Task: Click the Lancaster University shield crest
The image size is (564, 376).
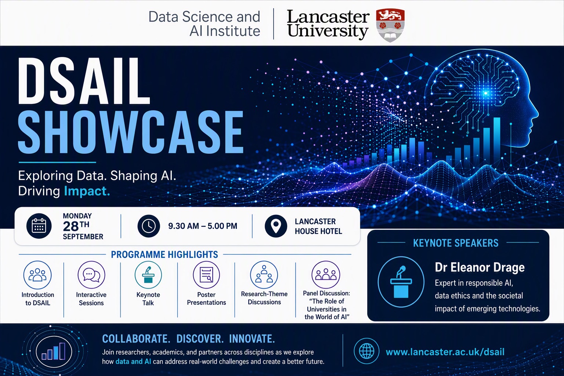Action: (390, 25)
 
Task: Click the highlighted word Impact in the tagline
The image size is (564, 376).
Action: (87, 191)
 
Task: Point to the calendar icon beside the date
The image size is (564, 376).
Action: (39, 226)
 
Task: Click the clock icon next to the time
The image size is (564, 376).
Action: (149, 226)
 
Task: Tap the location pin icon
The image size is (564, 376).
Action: (276, 226)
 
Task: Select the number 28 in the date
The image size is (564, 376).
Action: (71, 227)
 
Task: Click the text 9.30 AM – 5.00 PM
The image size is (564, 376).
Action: (203, 226)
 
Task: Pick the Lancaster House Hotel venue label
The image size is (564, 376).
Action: (318, 226)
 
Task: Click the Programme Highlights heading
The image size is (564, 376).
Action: (164, 254)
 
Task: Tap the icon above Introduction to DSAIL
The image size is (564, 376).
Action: (37, 275)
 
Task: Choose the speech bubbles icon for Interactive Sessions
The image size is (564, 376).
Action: (91, 275)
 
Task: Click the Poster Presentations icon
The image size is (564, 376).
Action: (206, 275)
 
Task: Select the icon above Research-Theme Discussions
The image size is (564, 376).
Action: (264, 275)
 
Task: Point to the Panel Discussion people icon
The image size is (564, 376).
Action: (326, 274)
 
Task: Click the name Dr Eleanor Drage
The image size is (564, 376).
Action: (480, 267)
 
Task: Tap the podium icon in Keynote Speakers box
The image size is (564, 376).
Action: (401, 282)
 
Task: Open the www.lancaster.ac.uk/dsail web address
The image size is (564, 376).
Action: (445, 352)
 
